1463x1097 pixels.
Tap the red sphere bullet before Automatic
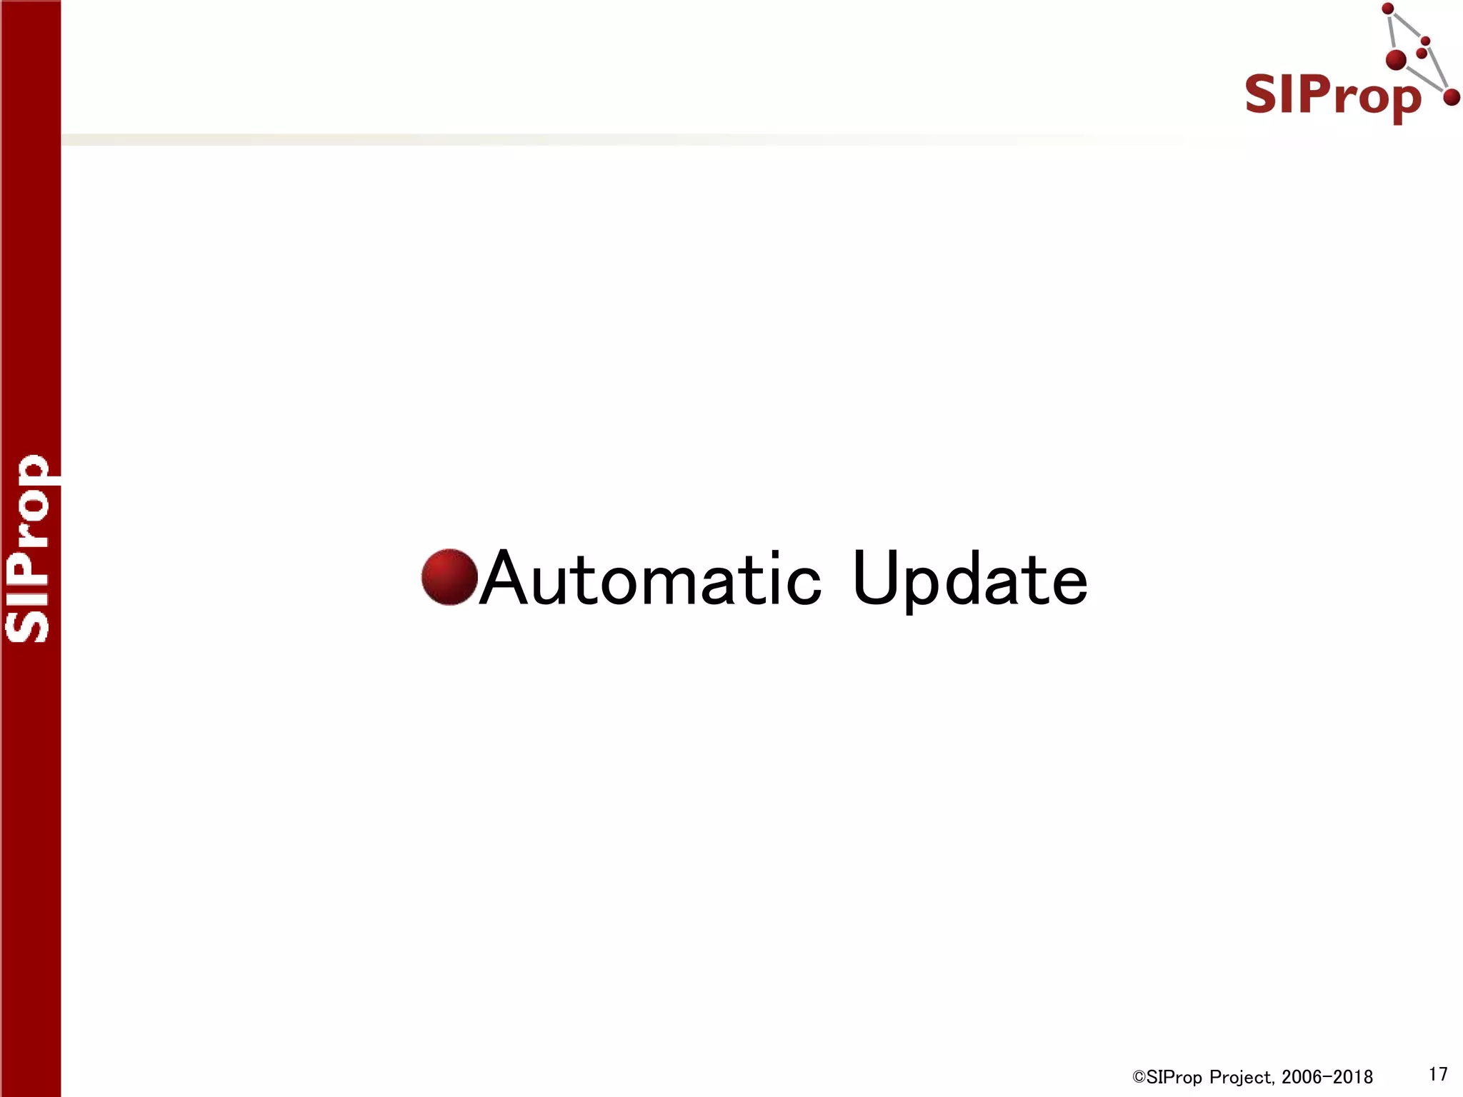[449, 577]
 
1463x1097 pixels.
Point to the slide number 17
[1438, 1074]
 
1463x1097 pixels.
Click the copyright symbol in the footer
[1138, 1077]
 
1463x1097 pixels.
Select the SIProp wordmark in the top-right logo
[1332, 96]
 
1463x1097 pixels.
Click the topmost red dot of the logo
[1388, 9]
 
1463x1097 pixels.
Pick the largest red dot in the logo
[1396, 60]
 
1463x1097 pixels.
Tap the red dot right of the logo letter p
[1451, 97]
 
